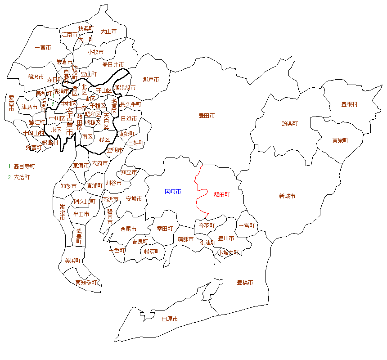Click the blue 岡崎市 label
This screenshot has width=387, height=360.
[x=173, y=192]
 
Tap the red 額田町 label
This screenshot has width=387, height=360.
[x=222, y=195]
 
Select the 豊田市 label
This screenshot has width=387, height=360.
[x=207, y=116]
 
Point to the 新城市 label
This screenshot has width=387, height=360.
[x=287, y=196]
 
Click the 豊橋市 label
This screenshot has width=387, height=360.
[x=245, y=283]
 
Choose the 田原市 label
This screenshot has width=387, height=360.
[x=170, y=319]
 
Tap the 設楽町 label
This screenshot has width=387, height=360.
[x=290, y=123]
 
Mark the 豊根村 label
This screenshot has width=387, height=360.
[x=349, y=104]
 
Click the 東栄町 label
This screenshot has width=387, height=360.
[x=340, y=140]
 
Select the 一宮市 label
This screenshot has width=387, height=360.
[x=43, y=47]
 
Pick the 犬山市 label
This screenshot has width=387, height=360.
[x=108, y=31]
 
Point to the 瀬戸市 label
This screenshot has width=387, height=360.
[x=151, y=80]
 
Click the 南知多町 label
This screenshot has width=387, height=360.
[x=86, y=283]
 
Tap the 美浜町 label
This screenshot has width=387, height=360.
[x=72, y=261]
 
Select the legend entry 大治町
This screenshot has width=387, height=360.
[x=22, y=177]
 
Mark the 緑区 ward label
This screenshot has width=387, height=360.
[x=104, y=139]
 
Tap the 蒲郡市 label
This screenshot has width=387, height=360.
[x=185, y=239]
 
